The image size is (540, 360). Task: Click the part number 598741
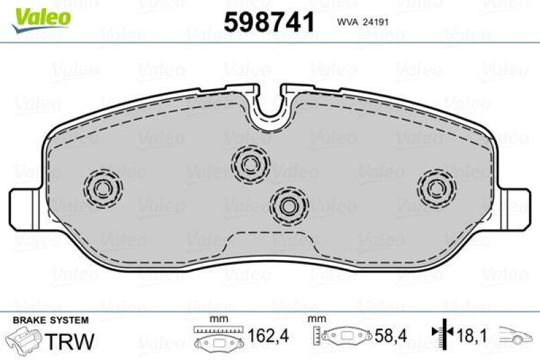click(269, 22)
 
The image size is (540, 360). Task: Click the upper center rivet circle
click(250, 162)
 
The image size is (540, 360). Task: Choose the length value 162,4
click(263, 336)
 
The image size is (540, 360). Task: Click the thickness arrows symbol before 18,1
click(442, 334)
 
